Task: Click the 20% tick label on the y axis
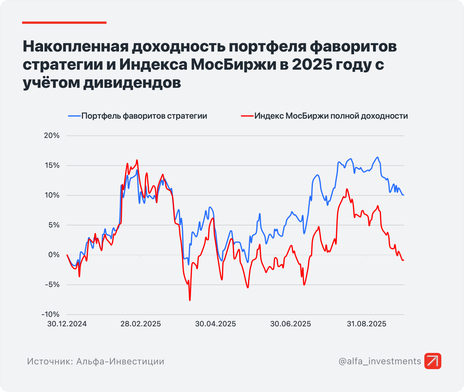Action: pyautogui.click(x=52, y=136)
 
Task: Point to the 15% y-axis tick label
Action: pyautogui.click(x=52, y=165)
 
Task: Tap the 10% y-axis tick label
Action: pyautogui.click(x=52, y=195)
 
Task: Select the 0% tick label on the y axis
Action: pyautogui.click(x=54, y=255)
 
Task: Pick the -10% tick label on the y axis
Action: pyautogui.click(x=50, y=314)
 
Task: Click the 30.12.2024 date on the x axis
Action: pyautogui.click(x=67, y=324)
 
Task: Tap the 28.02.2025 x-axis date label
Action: pyautogui.click(x=141, y=324)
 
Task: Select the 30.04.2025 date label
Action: pyautogui.click(x=215, y=324)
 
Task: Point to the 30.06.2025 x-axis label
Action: pyautogui.click(x=290, y=324)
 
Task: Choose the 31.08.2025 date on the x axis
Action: pyautogui.click(x=366, y=324)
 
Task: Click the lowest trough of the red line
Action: pyautogui.click(x=190, y=300)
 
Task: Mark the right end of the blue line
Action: pyautogui.click(x=403, y=195)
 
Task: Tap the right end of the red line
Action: pyautogui.click(x=403, y=260)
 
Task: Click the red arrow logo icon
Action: pyautogui.click(x=433, y=361)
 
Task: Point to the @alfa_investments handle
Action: pyautogui.click(x=380, y=361)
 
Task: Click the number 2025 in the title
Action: pyautogui.click(x=312, y=65)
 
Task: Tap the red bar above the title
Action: pyautogui.click(x=64, y=23)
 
